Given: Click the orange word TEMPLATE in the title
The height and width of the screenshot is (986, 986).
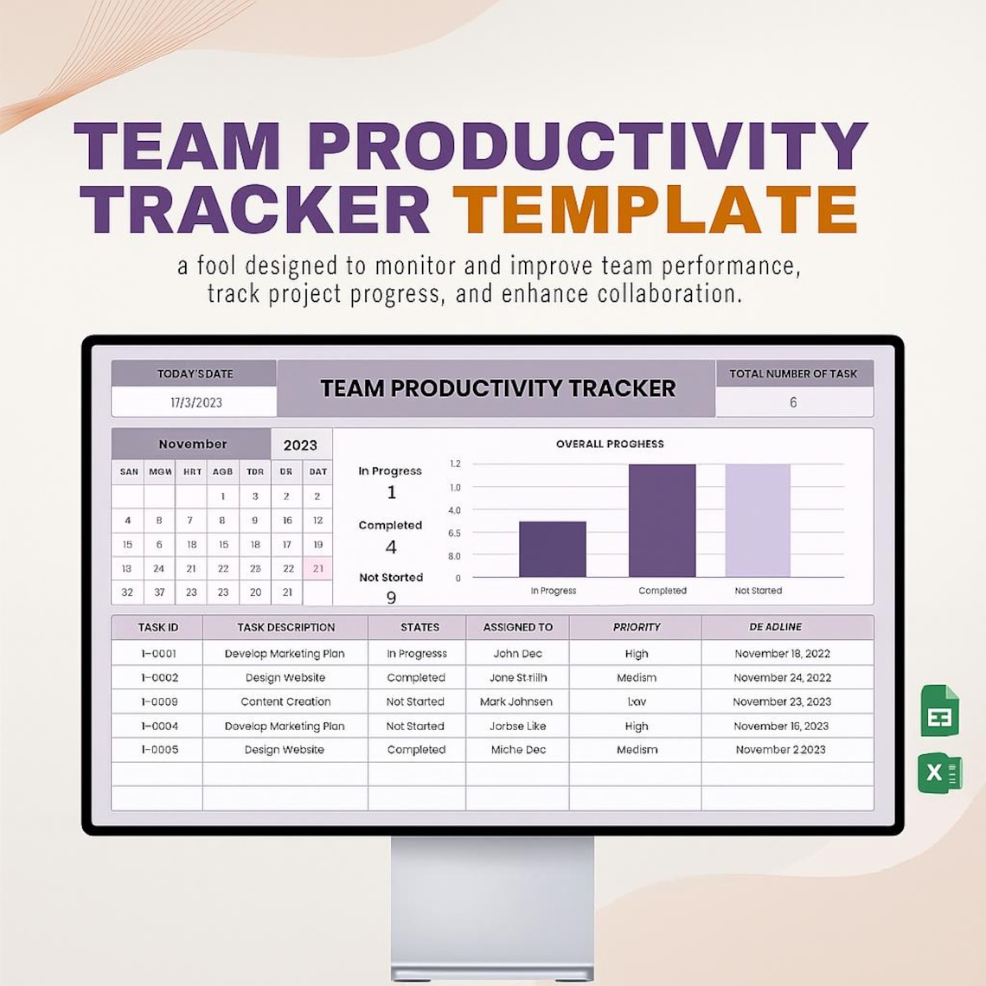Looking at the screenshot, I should pyautogui.click(x=655, y=209).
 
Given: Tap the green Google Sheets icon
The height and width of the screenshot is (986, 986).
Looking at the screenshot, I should pyautogui.click(x=939, y=711).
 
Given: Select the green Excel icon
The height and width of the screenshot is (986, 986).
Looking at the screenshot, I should pyautogui.click(x=939, y=772).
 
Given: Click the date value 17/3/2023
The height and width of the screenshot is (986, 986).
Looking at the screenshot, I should pyautogui.click(x=196, y=402).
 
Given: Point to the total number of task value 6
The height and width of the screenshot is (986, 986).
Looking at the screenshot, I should pyautogui.click(x=793, y=402).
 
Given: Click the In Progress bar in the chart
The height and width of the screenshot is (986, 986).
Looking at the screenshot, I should pyautogui.click(x=553, y=549).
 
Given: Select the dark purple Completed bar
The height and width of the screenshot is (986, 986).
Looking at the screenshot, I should pyautogui.click(x=662, y=521).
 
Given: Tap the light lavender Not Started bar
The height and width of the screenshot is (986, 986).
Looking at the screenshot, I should pyautogui.click(x=758, y=521).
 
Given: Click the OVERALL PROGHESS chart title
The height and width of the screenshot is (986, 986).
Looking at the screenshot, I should pyautogui.click(x=610, y=444).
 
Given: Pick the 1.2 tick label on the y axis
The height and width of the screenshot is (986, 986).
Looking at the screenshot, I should pyautogui.click(x=455, y=464).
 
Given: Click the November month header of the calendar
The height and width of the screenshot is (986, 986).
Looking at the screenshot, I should pyautogui.click(x=192, y=444).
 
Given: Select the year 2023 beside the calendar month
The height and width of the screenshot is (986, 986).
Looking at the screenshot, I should pyautogui.click(x=300, y=445).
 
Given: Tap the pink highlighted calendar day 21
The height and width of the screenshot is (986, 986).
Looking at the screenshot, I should pyautogui.click(x=318, y=568).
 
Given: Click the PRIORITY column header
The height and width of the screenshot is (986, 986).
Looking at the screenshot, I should pyautogui.click(x=636, y=627).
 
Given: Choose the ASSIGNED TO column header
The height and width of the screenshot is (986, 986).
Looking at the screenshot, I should pyautogui.click(x=517, y=627).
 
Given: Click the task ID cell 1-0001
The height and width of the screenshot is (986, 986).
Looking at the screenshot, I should pyautogui.click(x=158, y=654).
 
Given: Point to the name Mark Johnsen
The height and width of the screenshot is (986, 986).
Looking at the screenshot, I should pyautogui.click(x=516, y=701).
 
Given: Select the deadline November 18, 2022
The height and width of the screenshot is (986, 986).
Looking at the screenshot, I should pyautogui.click(x=782, y=654).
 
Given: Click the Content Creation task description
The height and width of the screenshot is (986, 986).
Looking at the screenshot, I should pyautogui.click(x=285, y=701).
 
